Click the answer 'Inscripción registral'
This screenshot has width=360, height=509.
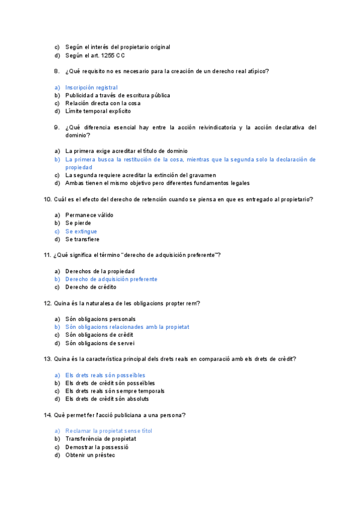[91, 87]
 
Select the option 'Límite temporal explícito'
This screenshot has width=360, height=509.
[98, 111]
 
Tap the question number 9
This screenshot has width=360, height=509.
[56, 127]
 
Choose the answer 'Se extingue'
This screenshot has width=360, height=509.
[81, 231]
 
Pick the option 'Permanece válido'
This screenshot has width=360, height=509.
[89, 215]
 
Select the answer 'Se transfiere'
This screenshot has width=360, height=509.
[82, 239]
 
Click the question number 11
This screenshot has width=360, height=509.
[47, 255]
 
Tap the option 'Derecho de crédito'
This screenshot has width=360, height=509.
[91, 287]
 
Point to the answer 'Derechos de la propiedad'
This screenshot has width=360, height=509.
[100, 271]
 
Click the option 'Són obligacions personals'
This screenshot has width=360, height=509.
[100, 319]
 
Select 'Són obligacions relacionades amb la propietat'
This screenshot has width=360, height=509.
[127, 327]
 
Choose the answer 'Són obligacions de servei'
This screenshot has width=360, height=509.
[100, 343]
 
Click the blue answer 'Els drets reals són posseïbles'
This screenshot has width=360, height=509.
[105, 375]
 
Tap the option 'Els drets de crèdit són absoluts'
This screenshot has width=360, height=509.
[107, 399]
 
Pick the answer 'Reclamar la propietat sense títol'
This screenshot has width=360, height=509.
[109, 431]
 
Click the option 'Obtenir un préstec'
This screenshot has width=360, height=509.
[90, 455]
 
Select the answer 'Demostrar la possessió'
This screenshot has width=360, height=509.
[97, 447]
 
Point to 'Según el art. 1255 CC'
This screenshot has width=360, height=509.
[95, 55]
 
